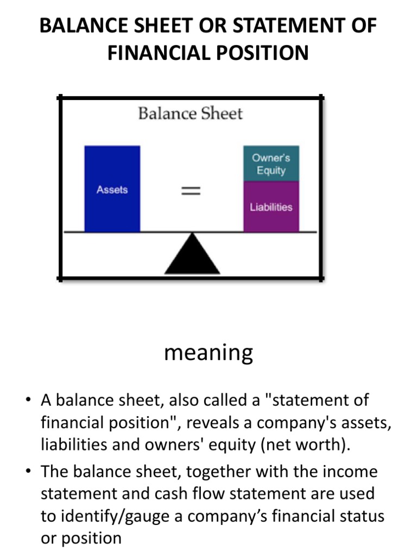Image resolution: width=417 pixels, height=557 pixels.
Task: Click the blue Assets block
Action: (x=112, y=189)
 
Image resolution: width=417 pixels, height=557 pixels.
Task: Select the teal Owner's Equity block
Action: (x=271, y=164)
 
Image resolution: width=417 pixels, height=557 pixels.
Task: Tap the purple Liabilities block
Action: (x=271, y=207)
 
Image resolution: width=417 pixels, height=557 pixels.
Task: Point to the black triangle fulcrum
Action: (x=192, y=256)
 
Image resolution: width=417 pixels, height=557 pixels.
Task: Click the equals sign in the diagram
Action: (x=191, y=190)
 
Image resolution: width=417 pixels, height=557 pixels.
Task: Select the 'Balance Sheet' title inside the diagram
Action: (x=190, y=114)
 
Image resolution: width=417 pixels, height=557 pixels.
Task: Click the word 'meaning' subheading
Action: (x=208, y=352)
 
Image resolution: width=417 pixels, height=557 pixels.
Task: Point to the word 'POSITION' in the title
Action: (x=263, y=53)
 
